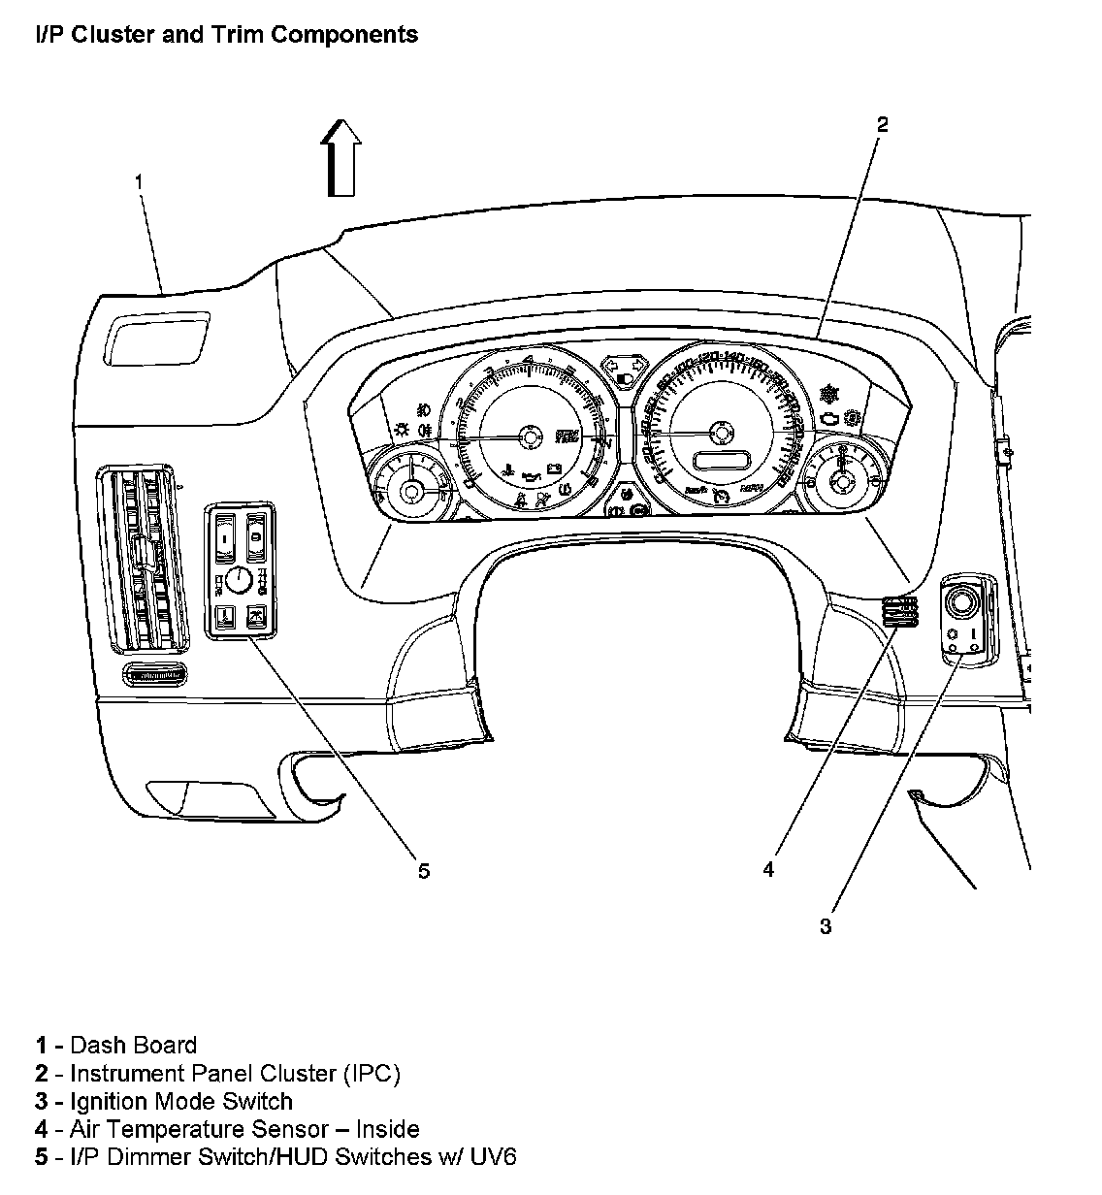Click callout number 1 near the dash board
[x=140, y=181]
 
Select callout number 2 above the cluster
[x=882, y=125]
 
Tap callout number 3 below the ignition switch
[x=825, y=926]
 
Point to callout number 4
[x=768, y=870]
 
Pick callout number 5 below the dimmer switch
[x=423, y=870]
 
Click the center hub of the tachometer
[x=530, y=436]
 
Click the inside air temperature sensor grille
[x=899, y=613]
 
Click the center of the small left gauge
[x=410, y=492]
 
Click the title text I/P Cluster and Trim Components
[x=226, y=35]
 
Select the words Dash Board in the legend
[x=134, y=1045]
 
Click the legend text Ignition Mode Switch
[x=181, y=1101]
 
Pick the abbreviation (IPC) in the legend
[x=370, y=1073]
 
